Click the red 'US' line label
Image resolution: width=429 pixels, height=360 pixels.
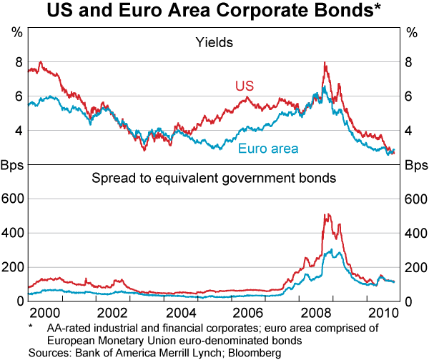pos(245,86)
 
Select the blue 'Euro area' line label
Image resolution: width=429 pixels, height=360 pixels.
pos(268,149)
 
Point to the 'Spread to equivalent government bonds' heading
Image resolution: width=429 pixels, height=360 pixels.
pos(214,175)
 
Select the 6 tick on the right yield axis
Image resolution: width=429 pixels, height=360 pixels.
pos(411,96)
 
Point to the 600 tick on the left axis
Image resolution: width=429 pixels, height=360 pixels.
pos(14,199)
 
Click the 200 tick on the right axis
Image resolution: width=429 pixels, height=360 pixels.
pos(415,267)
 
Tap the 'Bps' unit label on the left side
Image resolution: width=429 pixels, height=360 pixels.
pos(14,166)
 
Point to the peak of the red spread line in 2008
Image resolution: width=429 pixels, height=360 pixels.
pos(325,213)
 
